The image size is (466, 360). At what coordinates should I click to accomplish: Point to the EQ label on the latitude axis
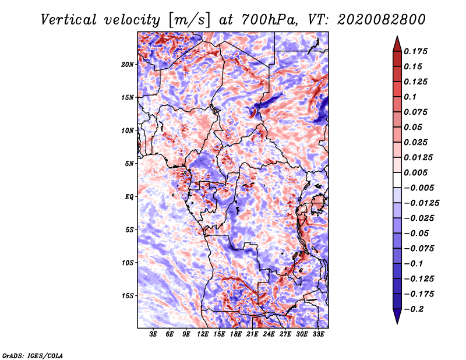(x=129, y=197)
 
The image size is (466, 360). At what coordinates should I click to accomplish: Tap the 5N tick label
(x=130, y=164)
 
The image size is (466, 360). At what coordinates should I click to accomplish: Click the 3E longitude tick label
(x=154, y=335)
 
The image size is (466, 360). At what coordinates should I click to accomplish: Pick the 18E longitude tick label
(x=236, y=335)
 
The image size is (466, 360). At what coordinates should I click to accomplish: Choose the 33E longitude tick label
(x=318, y=335)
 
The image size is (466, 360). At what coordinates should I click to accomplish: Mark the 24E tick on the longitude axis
(x=269, y=335)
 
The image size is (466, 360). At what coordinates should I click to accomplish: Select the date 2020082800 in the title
(x=375, y=19)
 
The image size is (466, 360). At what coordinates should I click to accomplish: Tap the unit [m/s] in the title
(x=189, y=19)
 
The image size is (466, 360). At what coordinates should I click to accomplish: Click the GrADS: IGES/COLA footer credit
(x=33, y=355)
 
